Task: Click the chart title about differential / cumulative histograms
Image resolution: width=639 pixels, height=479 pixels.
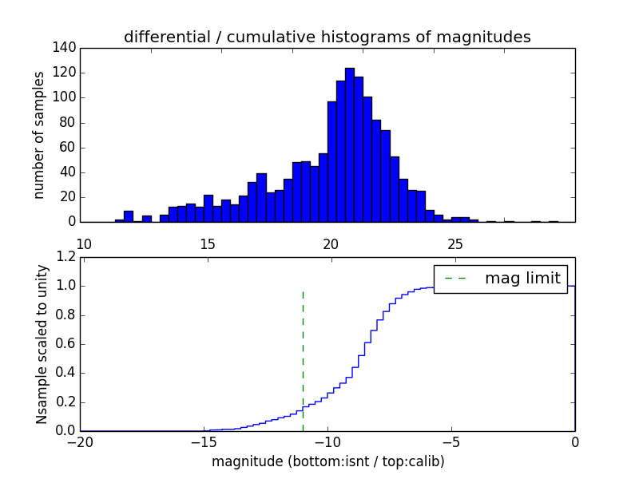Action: pyautogui.click(x=327, y=37)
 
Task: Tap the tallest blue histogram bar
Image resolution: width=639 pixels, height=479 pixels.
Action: pyautogui.click(x=350, y=144)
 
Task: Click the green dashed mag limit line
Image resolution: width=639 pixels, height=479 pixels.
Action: pyautogui.click(x=303, y=351)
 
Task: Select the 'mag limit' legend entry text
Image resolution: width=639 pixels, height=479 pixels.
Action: pyautogui.click(x=522, y=279)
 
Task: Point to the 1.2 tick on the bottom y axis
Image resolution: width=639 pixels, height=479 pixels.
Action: pyautogui.click(x=65, y=257)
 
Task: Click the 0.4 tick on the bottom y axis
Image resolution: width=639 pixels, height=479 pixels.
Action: pyautogui.click(x=65, y=373)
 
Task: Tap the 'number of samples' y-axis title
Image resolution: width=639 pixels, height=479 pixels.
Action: pyautogui.click(x=39, y=135)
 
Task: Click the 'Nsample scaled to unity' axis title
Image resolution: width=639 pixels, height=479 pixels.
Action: pyautogui.click(x=42, y=344)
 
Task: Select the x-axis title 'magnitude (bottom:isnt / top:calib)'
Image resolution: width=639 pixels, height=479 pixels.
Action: pyautogui.click(x=327, y=461)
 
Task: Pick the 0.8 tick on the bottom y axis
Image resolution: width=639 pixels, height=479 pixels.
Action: pyautogui.click(x=65, y=315)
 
